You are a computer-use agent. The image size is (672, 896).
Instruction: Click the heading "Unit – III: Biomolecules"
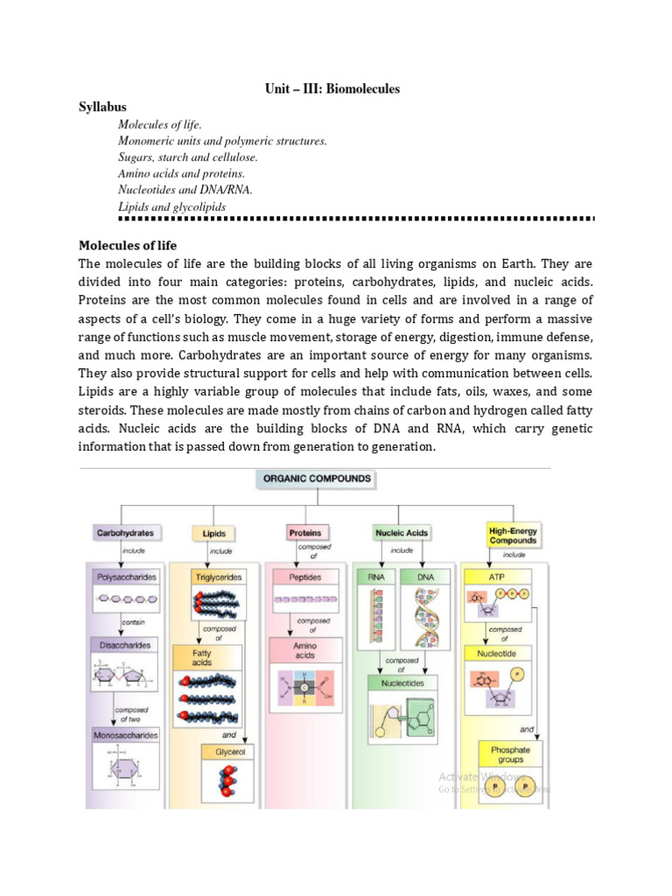[332, 89]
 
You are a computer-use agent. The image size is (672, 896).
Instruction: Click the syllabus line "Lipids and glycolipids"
[172, 207]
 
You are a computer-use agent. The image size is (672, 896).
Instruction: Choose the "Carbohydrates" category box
[124, 532]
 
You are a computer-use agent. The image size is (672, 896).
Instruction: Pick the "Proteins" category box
[305, 532]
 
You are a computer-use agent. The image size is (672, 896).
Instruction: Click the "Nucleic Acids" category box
[402, 532]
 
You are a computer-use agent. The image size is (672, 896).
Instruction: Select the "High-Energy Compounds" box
[513, 535]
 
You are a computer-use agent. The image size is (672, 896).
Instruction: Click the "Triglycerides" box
[217, 577]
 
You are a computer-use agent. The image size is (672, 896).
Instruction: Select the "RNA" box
[377, 577]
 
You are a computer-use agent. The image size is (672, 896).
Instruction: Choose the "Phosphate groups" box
[510, 754]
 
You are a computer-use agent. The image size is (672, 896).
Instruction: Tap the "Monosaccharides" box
[126, 736]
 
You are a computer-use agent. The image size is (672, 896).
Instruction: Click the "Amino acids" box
[305, 650]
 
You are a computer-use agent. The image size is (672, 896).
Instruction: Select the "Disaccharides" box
[124, 645]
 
